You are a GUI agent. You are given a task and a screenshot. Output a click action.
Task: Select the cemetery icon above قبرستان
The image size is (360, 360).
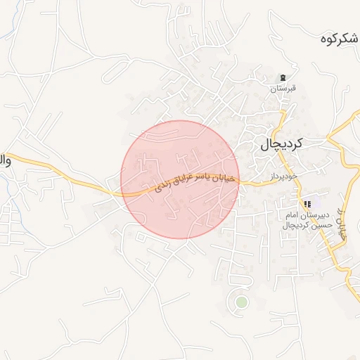(283, 78)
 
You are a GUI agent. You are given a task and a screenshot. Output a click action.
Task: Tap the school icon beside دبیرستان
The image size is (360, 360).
(307, 205)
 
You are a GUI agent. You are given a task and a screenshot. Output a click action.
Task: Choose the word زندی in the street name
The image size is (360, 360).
(161, 188)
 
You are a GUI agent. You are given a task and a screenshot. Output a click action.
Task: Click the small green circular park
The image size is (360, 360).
(241, 302)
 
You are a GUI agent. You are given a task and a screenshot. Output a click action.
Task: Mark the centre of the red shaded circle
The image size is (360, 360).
(180, 179)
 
